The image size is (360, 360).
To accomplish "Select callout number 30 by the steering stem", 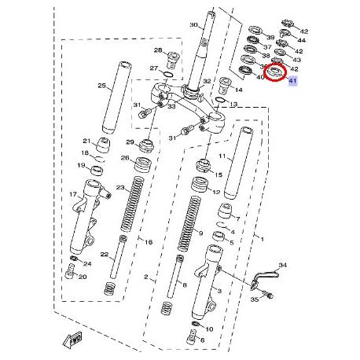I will click(193, 26).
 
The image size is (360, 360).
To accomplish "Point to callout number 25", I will click(101, 86).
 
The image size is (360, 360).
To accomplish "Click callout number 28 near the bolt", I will click(157, 51).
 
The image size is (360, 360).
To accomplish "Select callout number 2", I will click(146, 277).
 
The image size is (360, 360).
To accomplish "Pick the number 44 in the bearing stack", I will click(301, 41).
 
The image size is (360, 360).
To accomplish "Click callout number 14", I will click(240, 90).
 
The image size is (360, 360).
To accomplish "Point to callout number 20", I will click(83, 277).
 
